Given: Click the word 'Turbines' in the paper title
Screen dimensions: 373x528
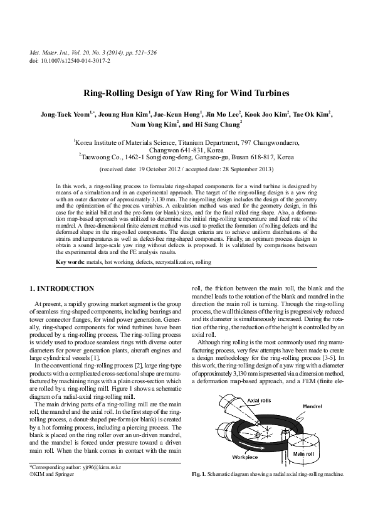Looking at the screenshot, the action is pos(269,93).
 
